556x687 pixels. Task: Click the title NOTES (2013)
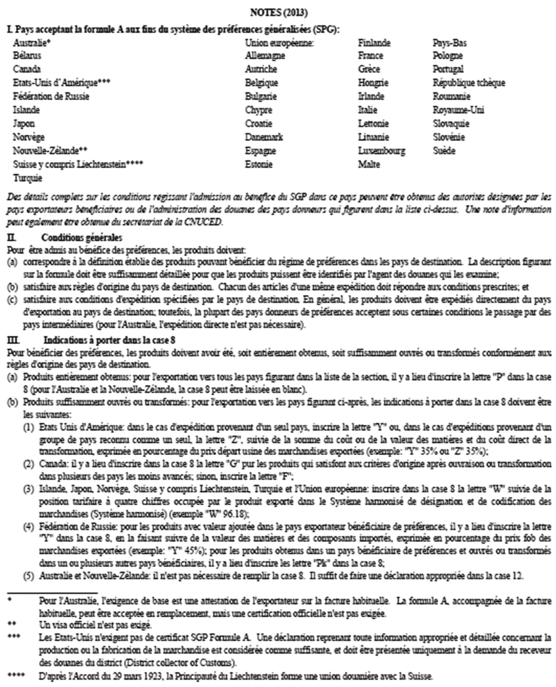(x=279, y=13)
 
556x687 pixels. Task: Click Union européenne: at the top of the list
(x=279, y=43)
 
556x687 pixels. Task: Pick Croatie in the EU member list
(x=259, y=124)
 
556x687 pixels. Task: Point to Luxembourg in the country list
(x=381, y=151)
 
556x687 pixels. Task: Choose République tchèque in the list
(x=469, y=83)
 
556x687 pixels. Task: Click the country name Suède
(x=444, y=151)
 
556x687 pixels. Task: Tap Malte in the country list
(x=369, y=164)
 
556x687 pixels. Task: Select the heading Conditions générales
(x=82, y=237)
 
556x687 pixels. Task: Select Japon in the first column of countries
(x=24, y=124)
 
